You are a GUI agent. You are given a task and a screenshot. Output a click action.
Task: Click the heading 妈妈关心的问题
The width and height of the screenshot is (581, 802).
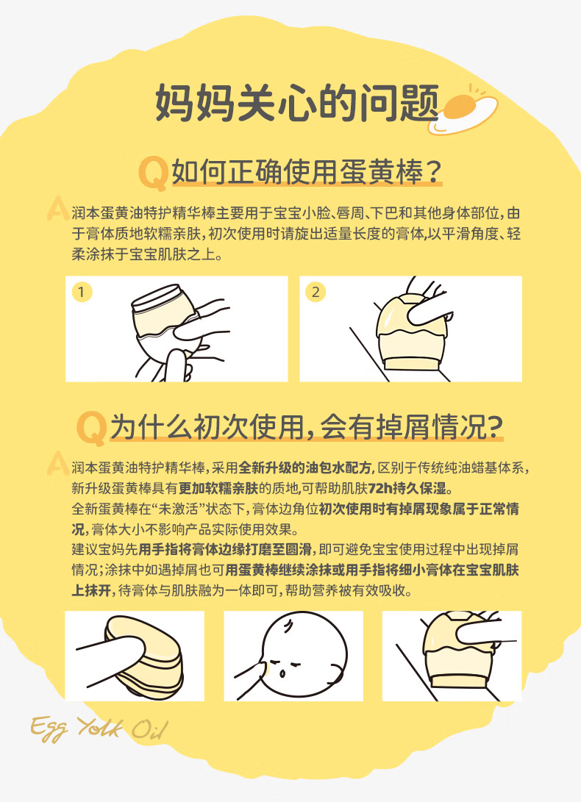297,103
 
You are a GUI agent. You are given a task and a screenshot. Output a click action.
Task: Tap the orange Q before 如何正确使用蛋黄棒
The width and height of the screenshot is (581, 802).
153,173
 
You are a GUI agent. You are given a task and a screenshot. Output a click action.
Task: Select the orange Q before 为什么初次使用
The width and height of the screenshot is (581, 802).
92,428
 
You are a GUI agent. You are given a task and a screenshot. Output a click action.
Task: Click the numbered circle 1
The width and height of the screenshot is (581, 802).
82,292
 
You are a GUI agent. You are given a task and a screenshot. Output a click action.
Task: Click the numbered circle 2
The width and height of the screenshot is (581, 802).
316,292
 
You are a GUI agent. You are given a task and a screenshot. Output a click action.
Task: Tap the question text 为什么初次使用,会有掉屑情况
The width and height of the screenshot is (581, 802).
307,426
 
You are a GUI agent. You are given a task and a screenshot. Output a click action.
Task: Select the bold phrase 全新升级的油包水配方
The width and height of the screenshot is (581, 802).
306,468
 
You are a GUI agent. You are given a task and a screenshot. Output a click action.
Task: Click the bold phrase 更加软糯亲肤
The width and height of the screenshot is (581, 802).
218,488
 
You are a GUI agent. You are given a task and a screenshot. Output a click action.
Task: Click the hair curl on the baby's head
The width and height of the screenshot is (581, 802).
289,626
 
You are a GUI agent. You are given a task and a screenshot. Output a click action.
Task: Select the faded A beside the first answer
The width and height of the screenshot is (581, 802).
58,209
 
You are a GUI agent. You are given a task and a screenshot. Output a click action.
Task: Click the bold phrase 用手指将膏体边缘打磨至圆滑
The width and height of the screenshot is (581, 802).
225,550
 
